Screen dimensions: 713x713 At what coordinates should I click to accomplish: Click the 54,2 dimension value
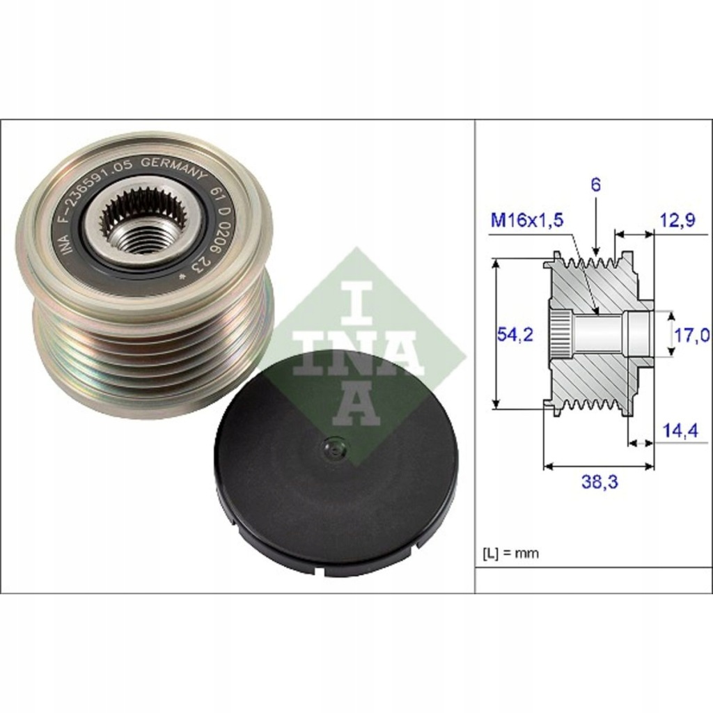(515, 334)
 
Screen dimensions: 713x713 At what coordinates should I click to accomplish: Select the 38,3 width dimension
(600, 481)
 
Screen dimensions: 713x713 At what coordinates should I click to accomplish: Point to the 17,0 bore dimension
(691, 336)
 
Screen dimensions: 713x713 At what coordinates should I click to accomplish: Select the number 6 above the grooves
(596, 185)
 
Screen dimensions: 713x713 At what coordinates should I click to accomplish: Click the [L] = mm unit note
(510, 554)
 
